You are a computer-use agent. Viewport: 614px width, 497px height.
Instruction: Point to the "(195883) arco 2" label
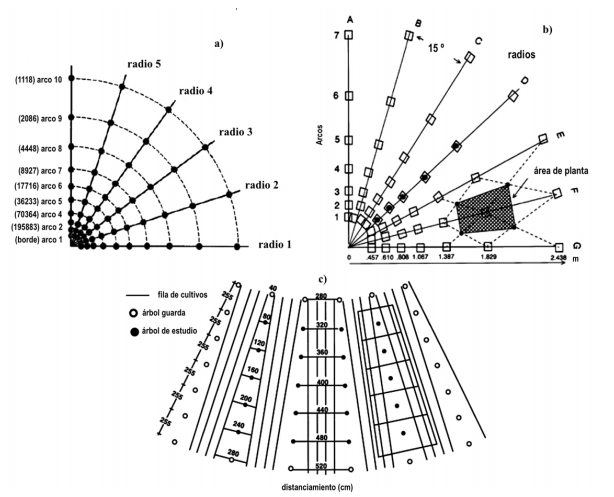[33, 227]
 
